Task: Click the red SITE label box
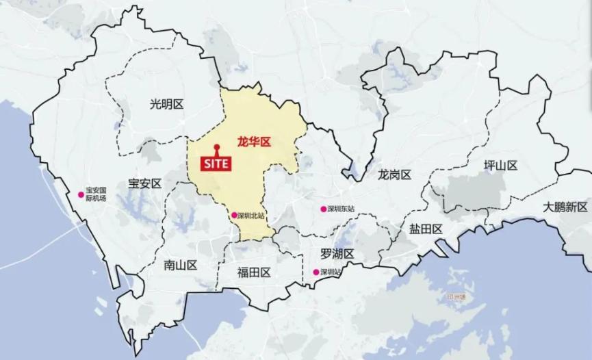[x=216, y=164]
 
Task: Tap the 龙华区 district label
[x=254, y=142]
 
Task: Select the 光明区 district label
[x=167, y=104]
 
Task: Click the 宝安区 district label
[x=144, y=183]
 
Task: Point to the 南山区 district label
[x=180, y=265]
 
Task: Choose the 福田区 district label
[x=254, y=272]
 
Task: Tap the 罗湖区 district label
[x=337, y=254]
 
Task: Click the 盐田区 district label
[x=426, y=229]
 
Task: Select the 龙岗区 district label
[x=394, y=175]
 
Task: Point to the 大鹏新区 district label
[x=566, y=207]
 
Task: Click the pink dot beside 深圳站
[x=316, y=272]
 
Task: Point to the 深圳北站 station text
[x=251, y=215]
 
